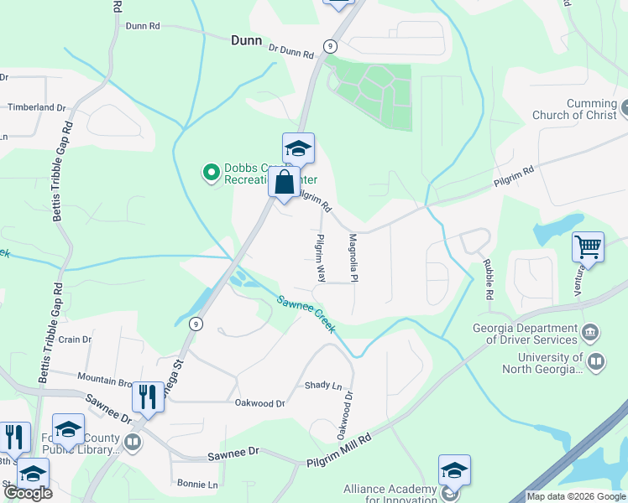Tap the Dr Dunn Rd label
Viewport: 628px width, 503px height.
[x=290, y=51]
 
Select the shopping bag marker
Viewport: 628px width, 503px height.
[x=285, y=181]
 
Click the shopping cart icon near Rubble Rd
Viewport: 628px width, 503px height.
[x=588, y=247]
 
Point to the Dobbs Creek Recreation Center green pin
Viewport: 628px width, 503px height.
[x=212, y=173]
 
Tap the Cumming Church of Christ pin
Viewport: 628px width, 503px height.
[x=626, y=106]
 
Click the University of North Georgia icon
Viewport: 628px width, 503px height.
[x=596, y=362]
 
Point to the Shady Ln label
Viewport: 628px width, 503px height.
[x=324, y=386]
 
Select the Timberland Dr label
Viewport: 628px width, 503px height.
[x=36, y=107]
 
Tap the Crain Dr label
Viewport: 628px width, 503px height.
[x=74, y=340]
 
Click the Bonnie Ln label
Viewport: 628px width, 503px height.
[x=197, y=485]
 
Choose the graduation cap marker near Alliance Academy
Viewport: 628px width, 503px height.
[x=454, y=469]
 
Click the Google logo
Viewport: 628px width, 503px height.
[x=28, y=493]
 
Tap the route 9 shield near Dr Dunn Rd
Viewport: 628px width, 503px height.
[x=331, y=45]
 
